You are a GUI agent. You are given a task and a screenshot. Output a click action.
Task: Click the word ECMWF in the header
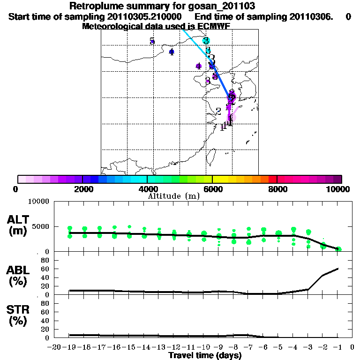(214, 26)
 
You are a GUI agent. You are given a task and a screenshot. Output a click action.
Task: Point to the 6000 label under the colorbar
(213, 189)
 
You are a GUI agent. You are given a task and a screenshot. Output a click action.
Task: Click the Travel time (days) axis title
(205, 356)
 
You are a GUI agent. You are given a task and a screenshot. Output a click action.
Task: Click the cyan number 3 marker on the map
(206, 41)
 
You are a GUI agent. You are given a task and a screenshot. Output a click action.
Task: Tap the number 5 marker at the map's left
(152, 41)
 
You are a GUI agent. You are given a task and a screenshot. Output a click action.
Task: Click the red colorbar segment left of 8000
(272, 179)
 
